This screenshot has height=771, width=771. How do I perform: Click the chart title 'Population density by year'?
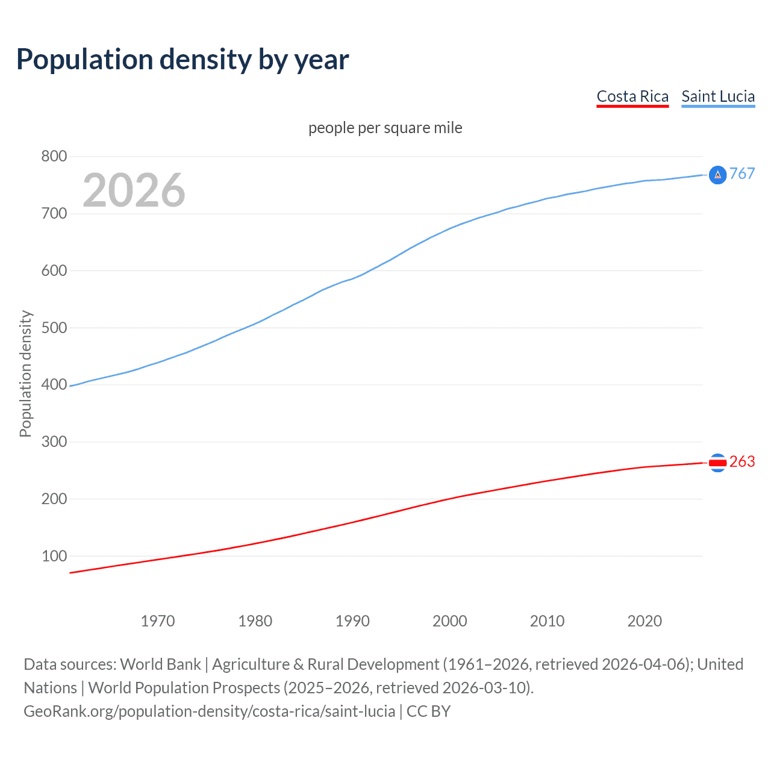pos(183,60)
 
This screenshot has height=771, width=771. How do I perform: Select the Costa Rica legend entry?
pos(632,96)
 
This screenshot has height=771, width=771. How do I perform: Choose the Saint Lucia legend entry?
pos(718,96)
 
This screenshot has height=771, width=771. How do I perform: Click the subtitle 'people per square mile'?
pos(385,128)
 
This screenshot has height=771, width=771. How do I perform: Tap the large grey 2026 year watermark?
pos(134,190)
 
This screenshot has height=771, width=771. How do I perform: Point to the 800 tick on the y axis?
pos(54,157)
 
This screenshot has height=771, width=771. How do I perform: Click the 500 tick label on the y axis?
pos(54,328)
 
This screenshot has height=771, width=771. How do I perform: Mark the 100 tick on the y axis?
pos(54,556)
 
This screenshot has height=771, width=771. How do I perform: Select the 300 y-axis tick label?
pos(54,442)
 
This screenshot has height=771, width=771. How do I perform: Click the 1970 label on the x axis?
pos(158,621)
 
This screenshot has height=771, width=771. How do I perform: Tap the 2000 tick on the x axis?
pos(450,621)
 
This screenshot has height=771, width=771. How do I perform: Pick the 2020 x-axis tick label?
pos(645,621)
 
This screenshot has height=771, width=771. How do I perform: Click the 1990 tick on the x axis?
pos(352,621)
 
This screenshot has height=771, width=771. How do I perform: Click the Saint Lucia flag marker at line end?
pos(717,175)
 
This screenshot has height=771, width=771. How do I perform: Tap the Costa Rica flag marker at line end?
pos(717,463)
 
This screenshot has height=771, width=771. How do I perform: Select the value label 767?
pos(742,174)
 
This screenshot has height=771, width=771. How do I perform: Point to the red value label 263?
pos(742,462)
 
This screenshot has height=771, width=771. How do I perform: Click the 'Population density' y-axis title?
pos(25,373)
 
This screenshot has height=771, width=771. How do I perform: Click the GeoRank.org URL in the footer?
pos(210,711)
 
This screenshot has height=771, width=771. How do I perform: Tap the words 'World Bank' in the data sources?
pos(160,664)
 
